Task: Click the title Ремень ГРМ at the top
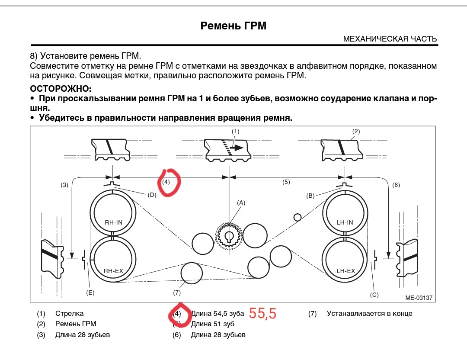pyautogui.click(x=233, y=26)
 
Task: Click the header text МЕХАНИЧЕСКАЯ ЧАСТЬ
pyautogui.click(x=390, y=39)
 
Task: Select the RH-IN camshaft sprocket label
pyautogui.click(x=113, y=222)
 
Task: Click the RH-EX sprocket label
pyautogui.click(x=113, y=271)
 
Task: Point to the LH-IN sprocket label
pyautogui.click(x=345, y=222)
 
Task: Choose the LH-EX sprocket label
pyautogui.click(x=345, y=271)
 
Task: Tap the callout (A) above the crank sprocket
pyautogui.click(x=241, y=202)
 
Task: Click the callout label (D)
pyautogui.click(x=152, y=195)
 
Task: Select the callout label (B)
pyautogui.click(x=310, y=196)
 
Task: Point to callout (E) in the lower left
pyautogui.click(x=90, y=292)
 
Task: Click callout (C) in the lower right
pyautogui.click(x=374, y=295)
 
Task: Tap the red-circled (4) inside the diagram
pyautogui.click(x=166, y=182)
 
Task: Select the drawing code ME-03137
pyautogui.click(x=418, y=298)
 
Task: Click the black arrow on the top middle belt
pyautogui.click(x=236, y=147)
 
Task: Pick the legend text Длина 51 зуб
pyautogui.click(x=212, y=324)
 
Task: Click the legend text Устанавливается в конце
pyautogui.click(x=369, y=313)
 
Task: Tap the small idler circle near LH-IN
pyautogui.click(x=297, y=217)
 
